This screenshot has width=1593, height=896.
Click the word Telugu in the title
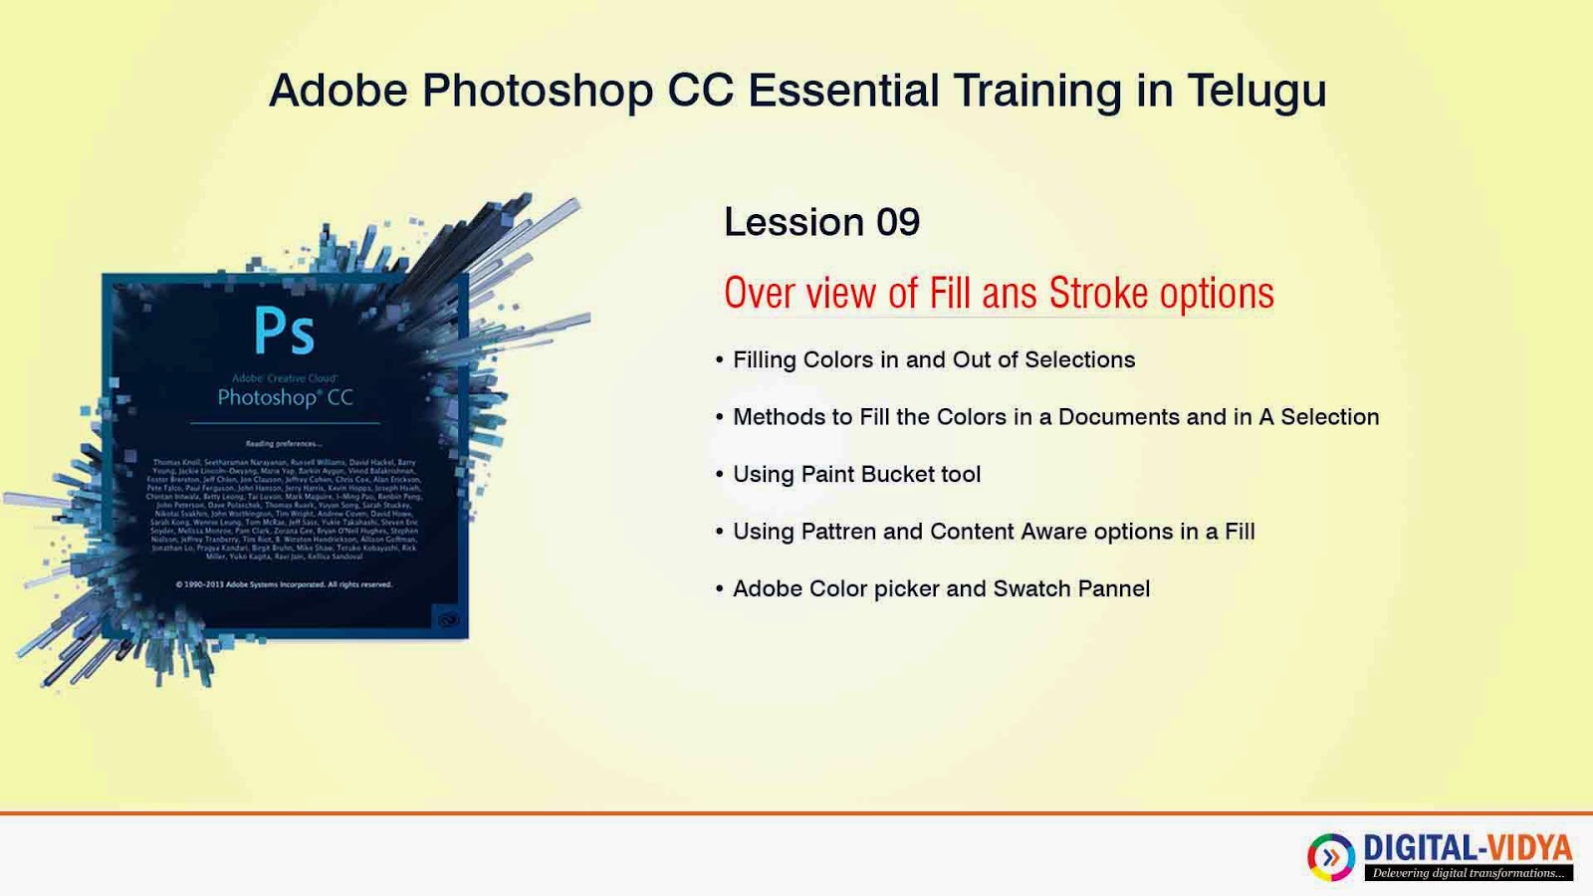click(x=1256, y=92)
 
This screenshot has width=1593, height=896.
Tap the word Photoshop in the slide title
click(x=538, y=92)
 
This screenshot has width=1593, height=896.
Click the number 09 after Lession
click(x=897, y=222)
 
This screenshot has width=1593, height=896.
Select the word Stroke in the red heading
click(x=1098, y=294)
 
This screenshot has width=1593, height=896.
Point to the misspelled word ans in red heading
click(x=1010, y=294)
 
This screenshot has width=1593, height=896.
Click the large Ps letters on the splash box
click(x=284, y=331)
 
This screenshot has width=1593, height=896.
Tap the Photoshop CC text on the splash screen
click(x=285, y=397)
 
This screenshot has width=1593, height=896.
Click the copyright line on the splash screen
click(x=284, y=584)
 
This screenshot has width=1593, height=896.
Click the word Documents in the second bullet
click(x=1118, y=417)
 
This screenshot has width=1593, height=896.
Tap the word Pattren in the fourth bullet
click(x=838, y=532)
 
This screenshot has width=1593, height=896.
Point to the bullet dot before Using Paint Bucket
click(x=719, y=475)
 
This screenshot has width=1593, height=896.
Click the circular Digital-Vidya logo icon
click(x=1331, y=856)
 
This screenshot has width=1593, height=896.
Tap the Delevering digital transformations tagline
click(x=1469, y=873)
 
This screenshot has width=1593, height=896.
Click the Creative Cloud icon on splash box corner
click(x=449, y=620)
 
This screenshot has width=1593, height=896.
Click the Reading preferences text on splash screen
click(x=284, y=443)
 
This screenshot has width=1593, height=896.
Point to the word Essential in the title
click(x=843, y=92)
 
